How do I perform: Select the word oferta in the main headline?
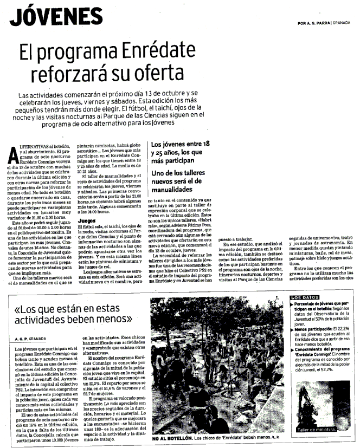(x=163, y=72)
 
